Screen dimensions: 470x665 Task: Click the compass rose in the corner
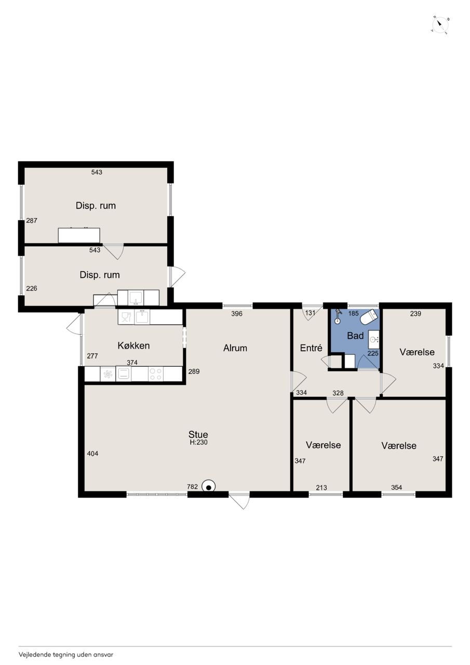point(440,25)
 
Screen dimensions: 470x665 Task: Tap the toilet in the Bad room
point(368,317)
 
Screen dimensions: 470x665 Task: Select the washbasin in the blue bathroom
point(374,339)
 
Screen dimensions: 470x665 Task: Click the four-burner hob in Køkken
point(155,374)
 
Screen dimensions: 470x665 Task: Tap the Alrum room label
point(235,348)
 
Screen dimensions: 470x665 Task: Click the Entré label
point(311,348)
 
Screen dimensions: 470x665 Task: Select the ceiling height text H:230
point(198,442)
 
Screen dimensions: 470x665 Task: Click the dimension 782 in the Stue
point(192,487)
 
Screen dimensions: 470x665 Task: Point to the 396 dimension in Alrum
point(237,313)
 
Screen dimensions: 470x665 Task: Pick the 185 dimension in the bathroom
point(353,313)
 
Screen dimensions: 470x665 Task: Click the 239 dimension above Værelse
point(415,313)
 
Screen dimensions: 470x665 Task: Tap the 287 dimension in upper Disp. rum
point(32,221)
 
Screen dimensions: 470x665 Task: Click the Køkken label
point(133,345)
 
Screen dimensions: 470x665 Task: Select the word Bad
point(355,336)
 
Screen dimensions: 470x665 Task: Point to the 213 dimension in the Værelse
point(321,487)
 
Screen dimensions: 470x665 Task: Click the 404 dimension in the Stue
point(92,454)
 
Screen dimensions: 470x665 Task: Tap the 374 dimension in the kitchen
point(132,363)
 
